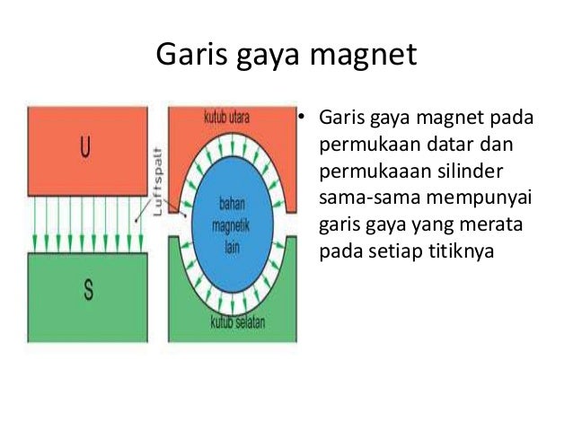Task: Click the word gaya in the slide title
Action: [x=265, y=57]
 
